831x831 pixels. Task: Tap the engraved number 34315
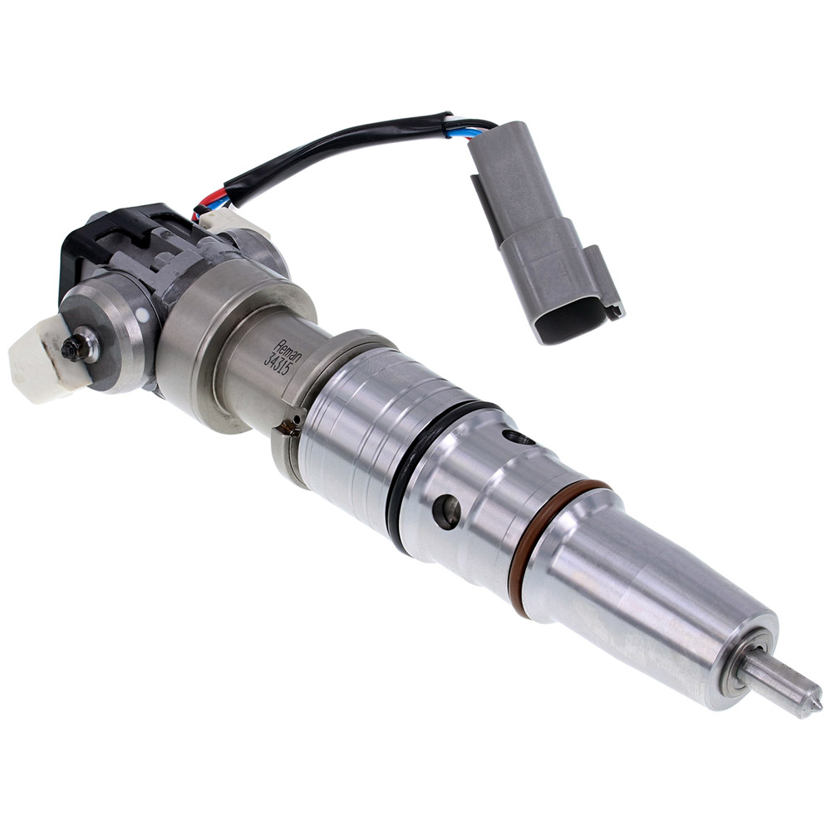[x=273, y=359]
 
